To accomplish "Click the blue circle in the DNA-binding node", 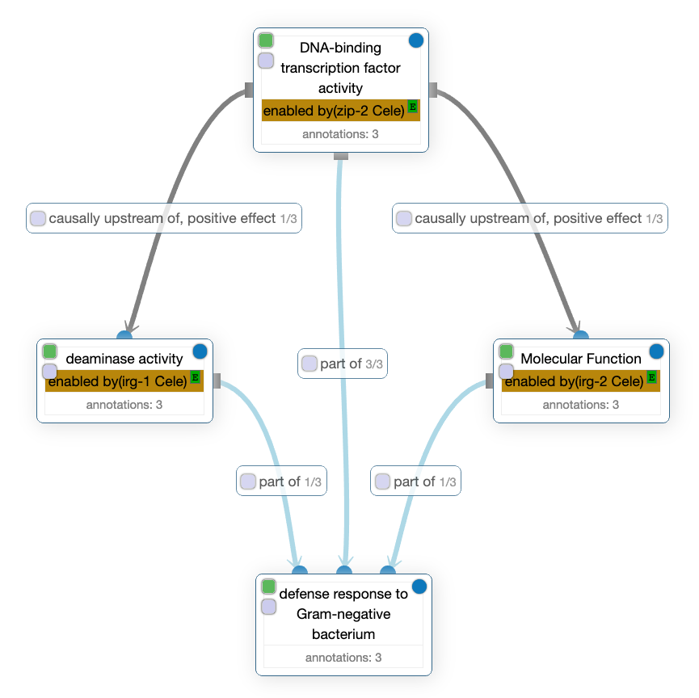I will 416,40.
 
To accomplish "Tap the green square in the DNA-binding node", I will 266,40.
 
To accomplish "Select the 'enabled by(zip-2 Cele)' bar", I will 333,111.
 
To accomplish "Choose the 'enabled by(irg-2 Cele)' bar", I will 574,381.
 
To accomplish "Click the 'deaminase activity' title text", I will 124,359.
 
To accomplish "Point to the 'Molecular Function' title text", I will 581,358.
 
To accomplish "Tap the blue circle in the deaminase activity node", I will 200,351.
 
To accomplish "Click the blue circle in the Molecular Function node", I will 656,351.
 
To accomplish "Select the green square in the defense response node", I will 269,587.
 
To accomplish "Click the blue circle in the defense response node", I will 419,586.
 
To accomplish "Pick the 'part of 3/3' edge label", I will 343,364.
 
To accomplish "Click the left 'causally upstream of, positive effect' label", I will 164,218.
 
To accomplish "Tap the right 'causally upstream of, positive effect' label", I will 530,218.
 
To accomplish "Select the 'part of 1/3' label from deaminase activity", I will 281,481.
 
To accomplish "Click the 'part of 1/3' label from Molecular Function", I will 416,481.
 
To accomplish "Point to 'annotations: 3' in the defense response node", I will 343,658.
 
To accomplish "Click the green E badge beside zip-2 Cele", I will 412,107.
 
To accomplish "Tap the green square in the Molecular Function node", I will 507,351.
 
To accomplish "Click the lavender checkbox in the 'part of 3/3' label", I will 309,364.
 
